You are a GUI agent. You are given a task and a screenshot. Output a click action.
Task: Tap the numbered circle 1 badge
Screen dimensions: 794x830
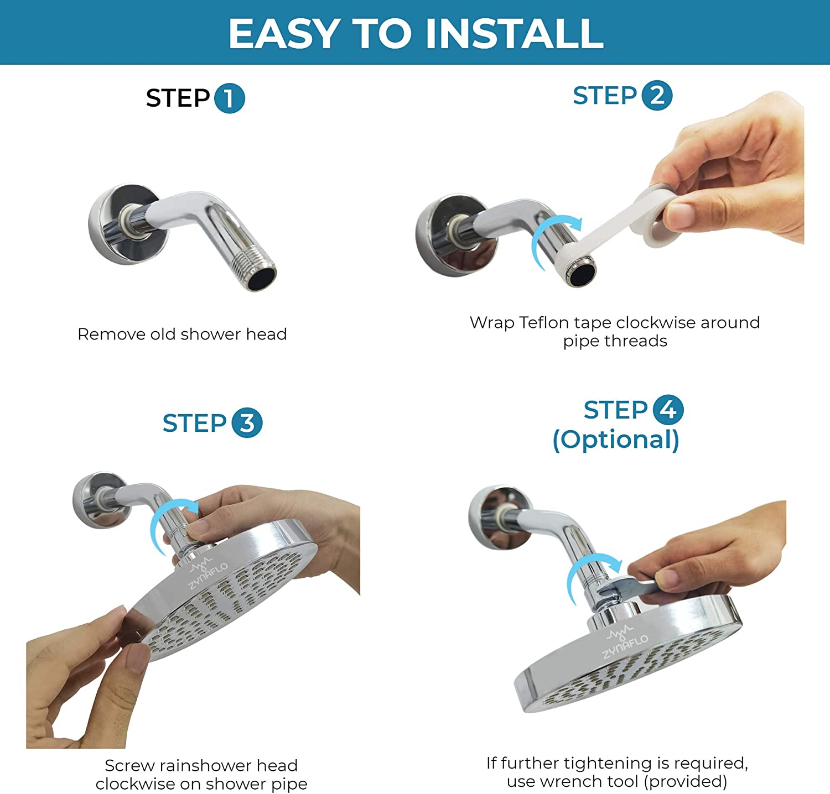click(x=229, y=98)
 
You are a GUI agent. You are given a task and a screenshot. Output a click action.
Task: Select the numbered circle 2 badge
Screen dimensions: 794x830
click(x=657, y=96)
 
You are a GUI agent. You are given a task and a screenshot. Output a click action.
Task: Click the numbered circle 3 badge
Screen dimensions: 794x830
click(x=247, y=423)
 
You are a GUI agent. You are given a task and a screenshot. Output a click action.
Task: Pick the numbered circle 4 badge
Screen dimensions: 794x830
click(x=668, y=410)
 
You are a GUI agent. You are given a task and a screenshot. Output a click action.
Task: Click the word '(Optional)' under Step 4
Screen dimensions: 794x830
click(x=616, y=440)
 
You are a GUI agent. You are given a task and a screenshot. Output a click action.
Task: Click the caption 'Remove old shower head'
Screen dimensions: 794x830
click(x=182, y=334)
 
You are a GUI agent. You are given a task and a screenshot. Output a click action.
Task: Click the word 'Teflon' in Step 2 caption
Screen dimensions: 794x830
click(x=545, y=322)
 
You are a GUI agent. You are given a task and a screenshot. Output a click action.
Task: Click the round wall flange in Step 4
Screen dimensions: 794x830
click(x=495, y=517)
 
